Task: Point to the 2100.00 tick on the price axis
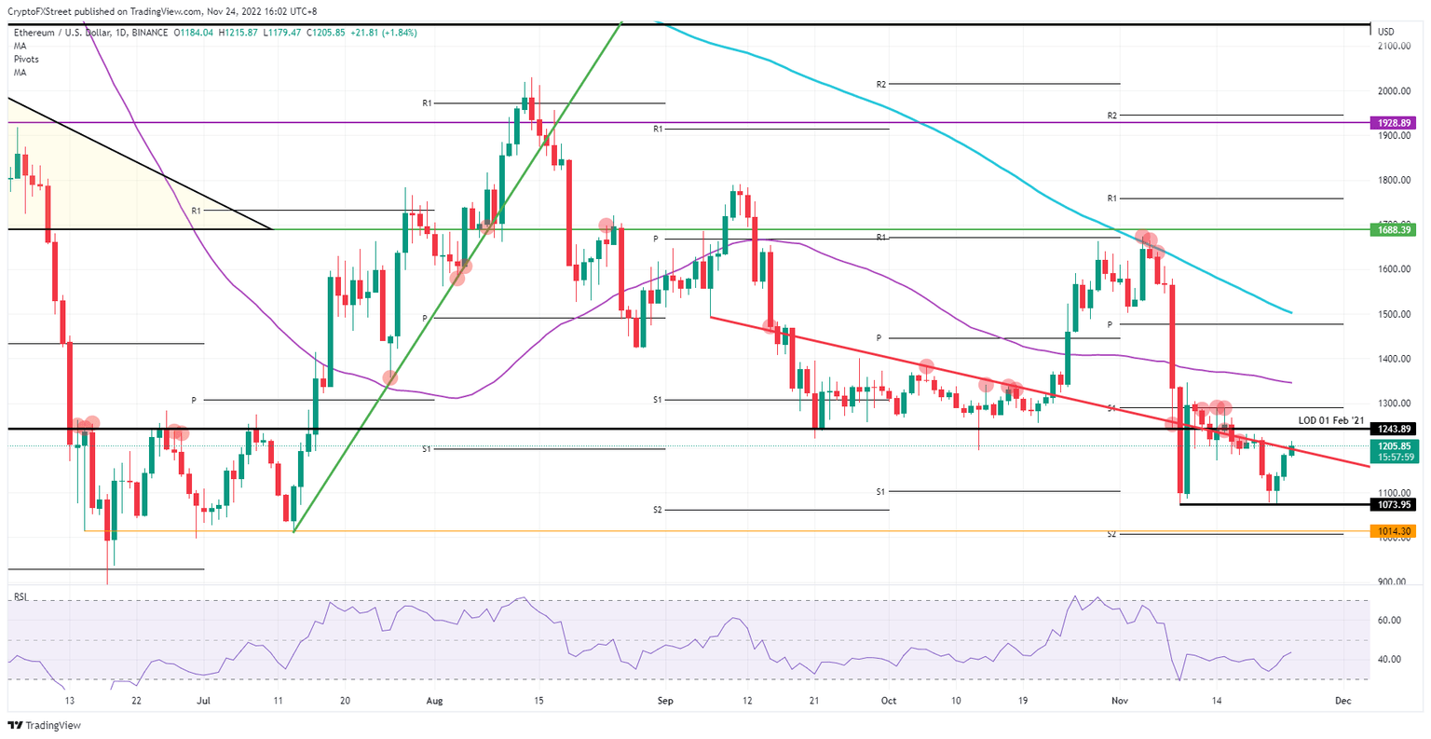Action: [x=1394, y=46]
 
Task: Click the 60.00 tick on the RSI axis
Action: [x=1390, y=621]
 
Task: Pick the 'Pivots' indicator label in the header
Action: [x=26, y=59]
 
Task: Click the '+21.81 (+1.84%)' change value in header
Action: [x=384, y=33]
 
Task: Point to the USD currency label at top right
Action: [x=1385, y=32]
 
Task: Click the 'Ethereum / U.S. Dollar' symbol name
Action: [x=60, y=33]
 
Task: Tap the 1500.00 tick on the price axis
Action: [x=1394, y=314]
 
